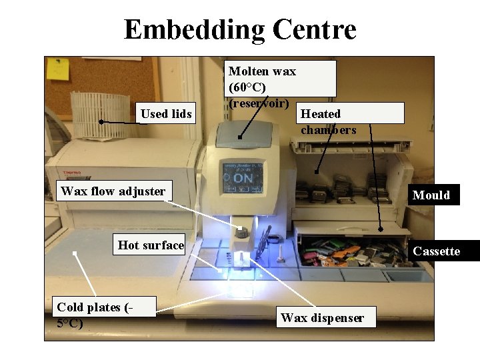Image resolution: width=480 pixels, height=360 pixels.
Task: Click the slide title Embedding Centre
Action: pyautogui.click(x=240, y=30)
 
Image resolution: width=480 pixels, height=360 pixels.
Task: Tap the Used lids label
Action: pyautogui.click(x=166, y=114)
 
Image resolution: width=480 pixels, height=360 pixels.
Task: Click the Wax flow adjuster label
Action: pyautogui.click(x=113, y=191)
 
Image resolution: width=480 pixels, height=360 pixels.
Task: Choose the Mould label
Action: pyautogui.click(x=431, y=195)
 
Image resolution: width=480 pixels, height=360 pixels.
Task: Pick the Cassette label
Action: pyautogui.click(x=437, y=251)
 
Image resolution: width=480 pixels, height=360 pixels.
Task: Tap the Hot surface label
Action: pyautogui.click(x=151, y=245)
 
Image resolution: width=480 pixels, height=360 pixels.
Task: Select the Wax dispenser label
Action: pyautogui.click(x=322, y=317)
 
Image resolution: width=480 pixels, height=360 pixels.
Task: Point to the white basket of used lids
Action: pyautogui.click(x=100, y=115)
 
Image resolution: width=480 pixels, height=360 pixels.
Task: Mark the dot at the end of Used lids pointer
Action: pyautogui.click(x=101, y=122)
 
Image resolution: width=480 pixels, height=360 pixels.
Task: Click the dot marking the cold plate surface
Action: pyautogui.click(x=75, y=253)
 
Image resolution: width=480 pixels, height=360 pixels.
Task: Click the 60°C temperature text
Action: pyautogui.click(x=247, y=87)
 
